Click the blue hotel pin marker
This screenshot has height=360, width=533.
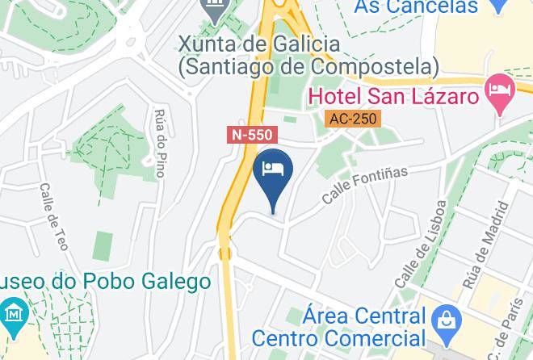273,178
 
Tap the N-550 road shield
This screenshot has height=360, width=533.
251,136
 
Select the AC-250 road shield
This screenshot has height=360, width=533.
353,119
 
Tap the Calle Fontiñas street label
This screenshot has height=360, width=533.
364,185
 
